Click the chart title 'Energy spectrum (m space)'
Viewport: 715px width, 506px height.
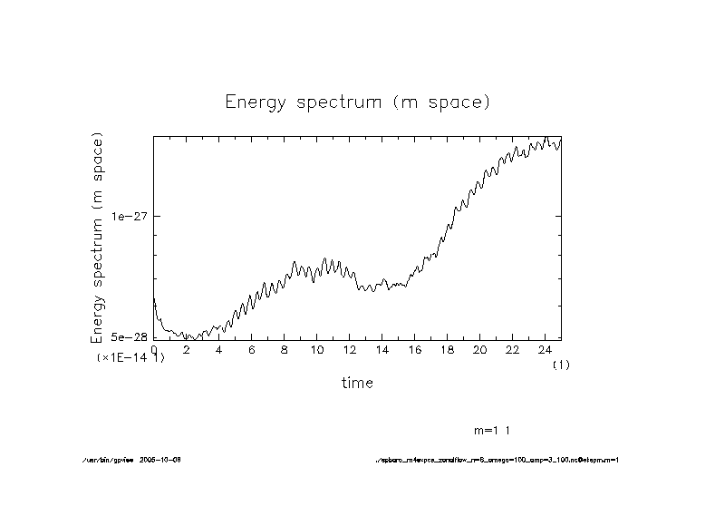357,102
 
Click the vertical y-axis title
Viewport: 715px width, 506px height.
98,237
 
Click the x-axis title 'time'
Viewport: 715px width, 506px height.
357,383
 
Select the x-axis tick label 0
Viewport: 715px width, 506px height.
154,349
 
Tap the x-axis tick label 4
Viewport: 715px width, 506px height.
218,349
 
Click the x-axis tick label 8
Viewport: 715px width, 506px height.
284,349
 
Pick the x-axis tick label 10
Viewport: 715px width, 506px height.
316,349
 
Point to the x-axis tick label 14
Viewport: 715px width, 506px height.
382,349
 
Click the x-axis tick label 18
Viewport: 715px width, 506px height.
447,349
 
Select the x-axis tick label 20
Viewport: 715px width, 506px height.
479,349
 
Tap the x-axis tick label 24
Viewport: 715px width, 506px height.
545,349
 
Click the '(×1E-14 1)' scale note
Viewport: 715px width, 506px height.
131,358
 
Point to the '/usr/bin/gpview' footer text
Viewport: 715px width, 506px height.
106,460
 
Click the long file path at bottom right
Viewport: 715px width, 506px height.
497,460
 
